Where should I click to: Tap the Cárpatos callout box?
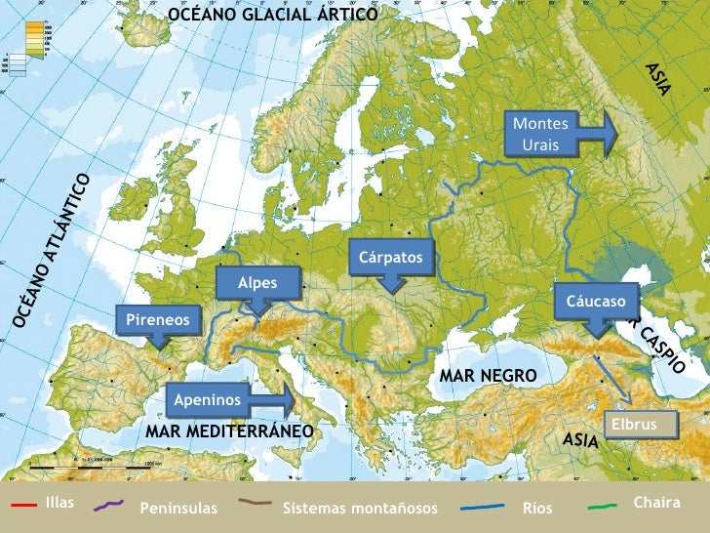coord(390,258)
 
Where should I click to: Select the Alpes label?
coord(257,284)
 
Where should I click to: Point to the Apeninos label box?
coord(208,399)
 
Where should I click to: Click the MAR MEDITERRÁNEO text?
coord(228,430)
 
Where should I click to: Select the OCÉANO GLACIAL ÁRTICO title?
coord(272,15)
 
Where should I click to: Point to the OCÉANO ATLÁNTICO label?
coord(54,251)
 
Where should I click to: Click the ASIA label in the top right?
coord(658,79)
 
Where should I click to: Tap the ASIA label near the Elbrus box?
coord(581,440)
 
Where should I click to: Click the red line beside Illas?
coord(23,504)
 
